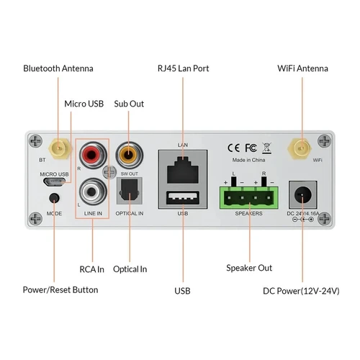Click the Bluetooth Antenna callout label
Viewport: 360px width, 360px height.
click(58, 68)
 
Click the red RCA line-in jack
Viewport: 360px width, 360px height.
click(92, 154)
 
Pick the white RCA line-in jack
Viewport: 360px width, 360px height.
click(92, 191)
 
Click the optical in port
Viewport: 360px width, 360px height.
click(130, 192)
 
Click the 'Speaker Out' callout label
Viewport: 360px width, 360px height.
click(249, 268)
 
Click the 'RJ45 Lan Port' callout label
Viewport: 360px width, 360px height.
click(183, 68)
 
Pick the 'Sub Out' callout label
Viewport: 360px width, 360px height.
click(129, 104)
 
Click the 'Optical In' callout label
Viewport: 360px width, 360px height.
click(130, 269)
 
